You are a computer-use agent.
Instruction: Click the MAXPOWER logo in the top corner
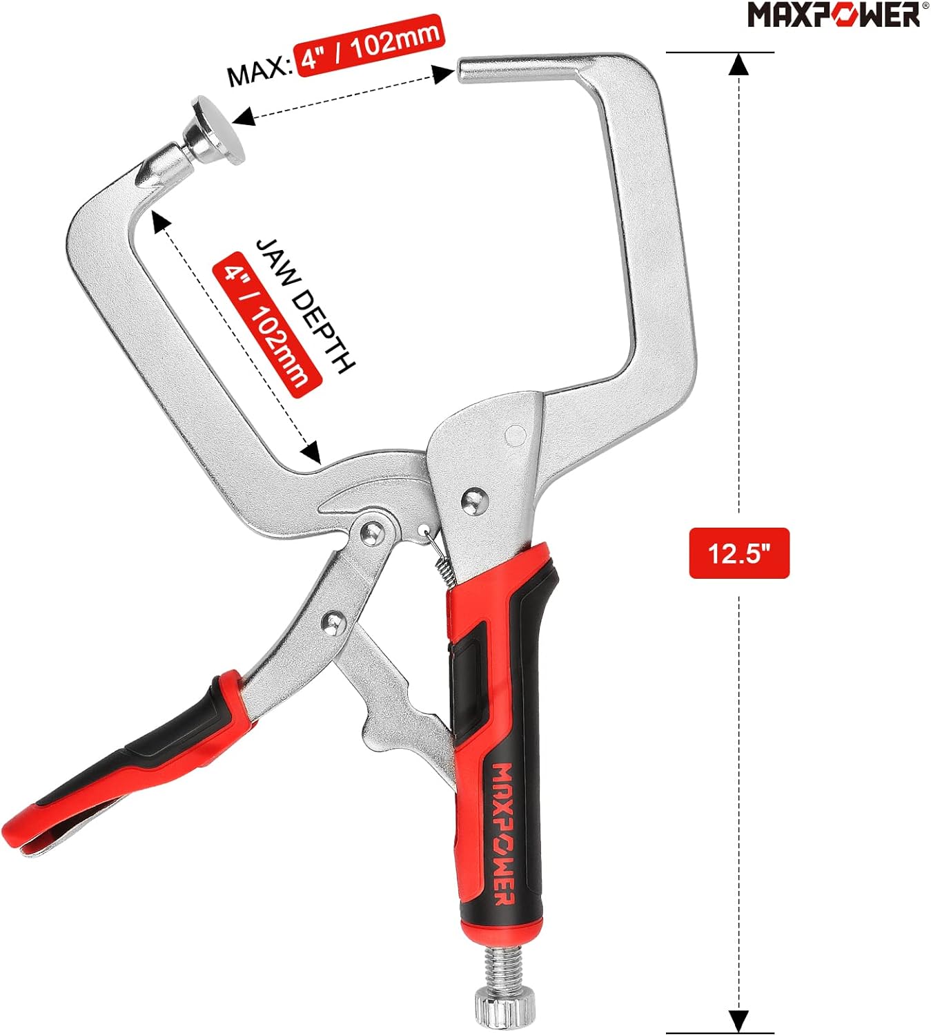(x=833, y=15)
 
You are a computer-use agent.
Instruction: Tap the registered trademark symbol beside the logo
(x=925, y=6)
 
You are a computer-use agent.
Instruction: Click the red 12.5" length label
(x=738, y=553)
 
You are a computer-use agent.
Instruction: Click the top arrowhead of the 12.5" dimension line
(x=738, y=64)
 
